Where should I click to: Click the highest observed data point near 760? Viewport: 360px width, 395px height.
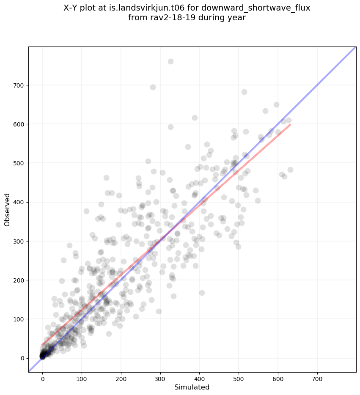click(x=170, y=61)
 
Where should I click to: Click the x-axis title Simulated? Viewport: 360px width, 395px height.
click(x=192, y=387)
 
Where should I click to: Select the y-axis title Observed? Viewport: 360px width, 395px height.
click(x=7, y=210)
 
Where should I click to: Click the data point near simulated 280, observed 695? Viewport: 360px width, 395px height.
click(x=153, y=87)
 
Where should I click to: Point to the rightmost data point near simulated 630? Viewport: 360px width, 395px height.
click(x=290, y=170)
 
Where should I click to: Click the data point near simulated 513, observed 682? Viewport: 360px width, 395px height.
click(x=244, y=92)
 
